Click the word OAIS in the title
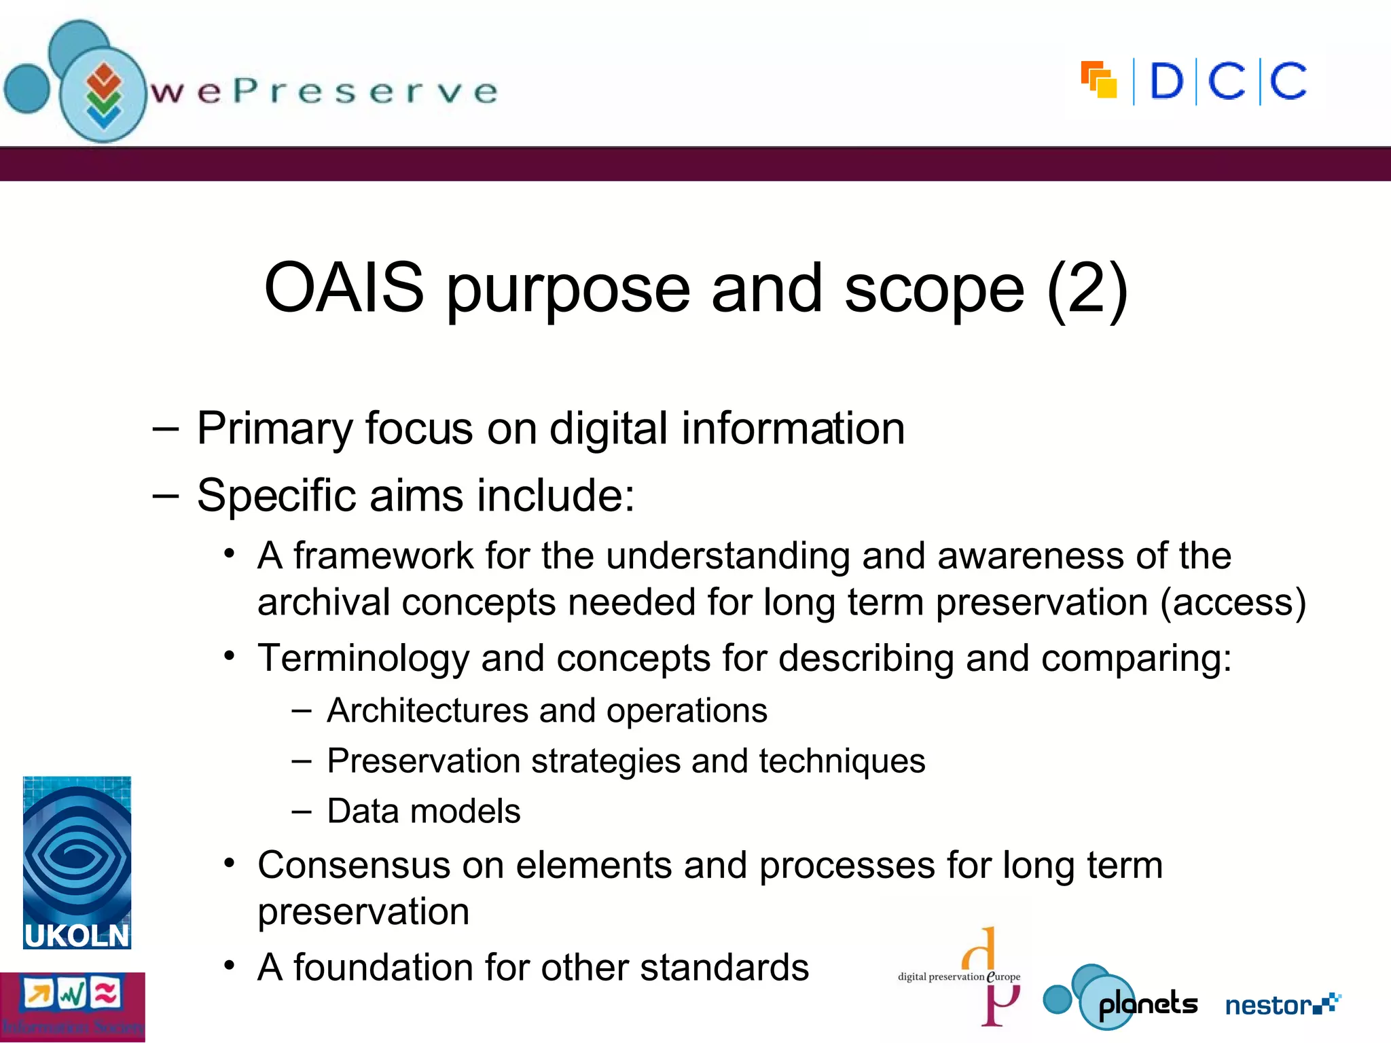coord(344,288)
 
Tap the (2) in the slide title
coord(1087,289)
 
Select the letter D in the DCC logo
coord(1166,82)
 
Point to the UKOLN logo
coord(77,862)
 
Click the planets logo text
coord(1148,1004)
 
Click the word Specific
coord(276,495)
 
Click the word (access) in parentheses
coord(1233,602)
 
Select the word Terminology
coord(363,658)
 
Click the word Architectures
coord(427,711)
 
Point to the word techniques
coord(842,761)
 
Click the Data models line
coord(423,811)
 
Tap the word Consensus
coord(354,866)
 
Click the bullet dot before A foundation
coord(230,965)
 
